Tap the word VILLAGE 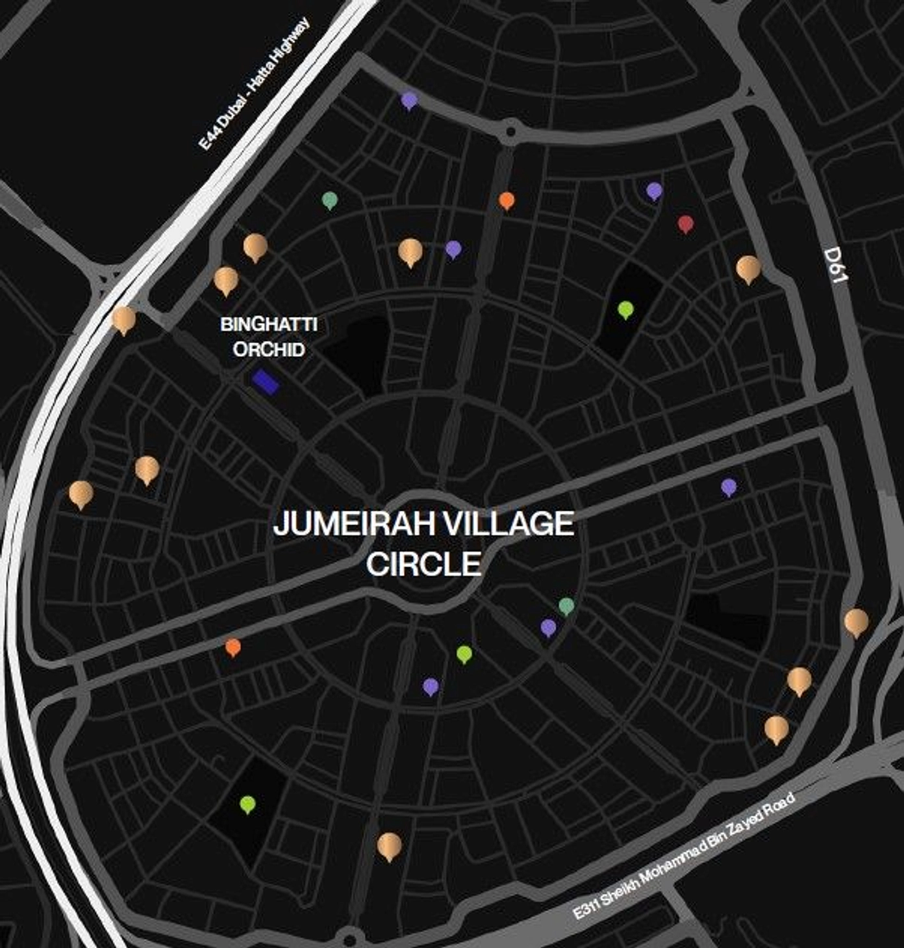tap(512, 524)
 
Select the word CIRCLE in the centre tap(423, 563)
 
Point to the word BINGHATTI tap(268, 324)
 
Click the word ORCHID tap(268, 350)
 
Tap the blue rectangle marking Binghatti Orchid tap(266, 382)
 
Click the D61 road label tap(836, 265)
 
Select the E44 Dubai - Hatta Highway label tap(254, 85)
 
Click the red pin tap(686, 224)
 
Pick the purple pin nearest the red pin tap(654, 190)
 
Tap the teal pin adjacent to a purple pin tap(566, 606)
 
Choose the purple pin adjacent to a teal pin tap(549, 627)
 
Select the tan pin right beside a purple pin tap(410, 251)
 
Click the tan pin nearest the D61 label tap(748, 267)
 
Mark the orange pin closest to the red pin tap(507, 200)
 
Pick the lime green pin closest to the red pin tap(625, 309)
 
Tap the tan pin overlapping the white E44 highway tap(123, 319)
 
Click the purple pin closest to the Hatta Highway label tap(409, 100)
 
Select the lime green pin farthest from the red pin tap(247, 804)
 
